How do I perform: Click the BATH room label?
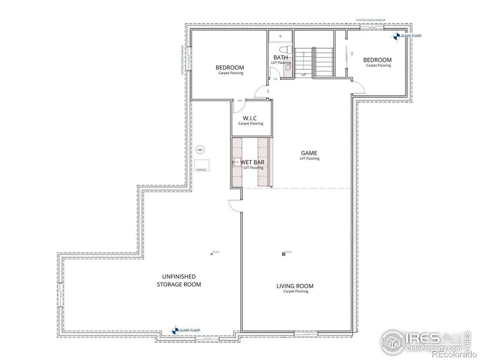pos(281,58)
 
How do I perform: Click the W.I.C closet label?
pos(250,118)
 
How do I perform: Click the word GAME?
pos(309,153)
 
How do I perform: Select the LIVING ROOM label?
pos(295,286)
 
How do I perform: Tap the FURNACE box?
pos(202,165)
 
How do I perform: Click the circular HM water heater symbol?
pos(200,150)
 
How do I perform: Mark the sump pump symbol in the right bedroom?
pos(397,36)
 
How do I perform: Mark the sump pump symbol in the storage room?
pos(175,330)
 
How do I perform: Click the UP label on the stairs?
pos(304,75)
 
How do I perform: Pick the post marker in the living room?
pos(284,254)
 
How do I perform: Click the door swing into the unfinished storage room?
pos(234,206)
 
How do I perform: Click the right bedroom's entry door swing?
pos(358,87)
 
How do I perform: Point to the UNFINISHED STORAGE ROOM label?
pos(179,280)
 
